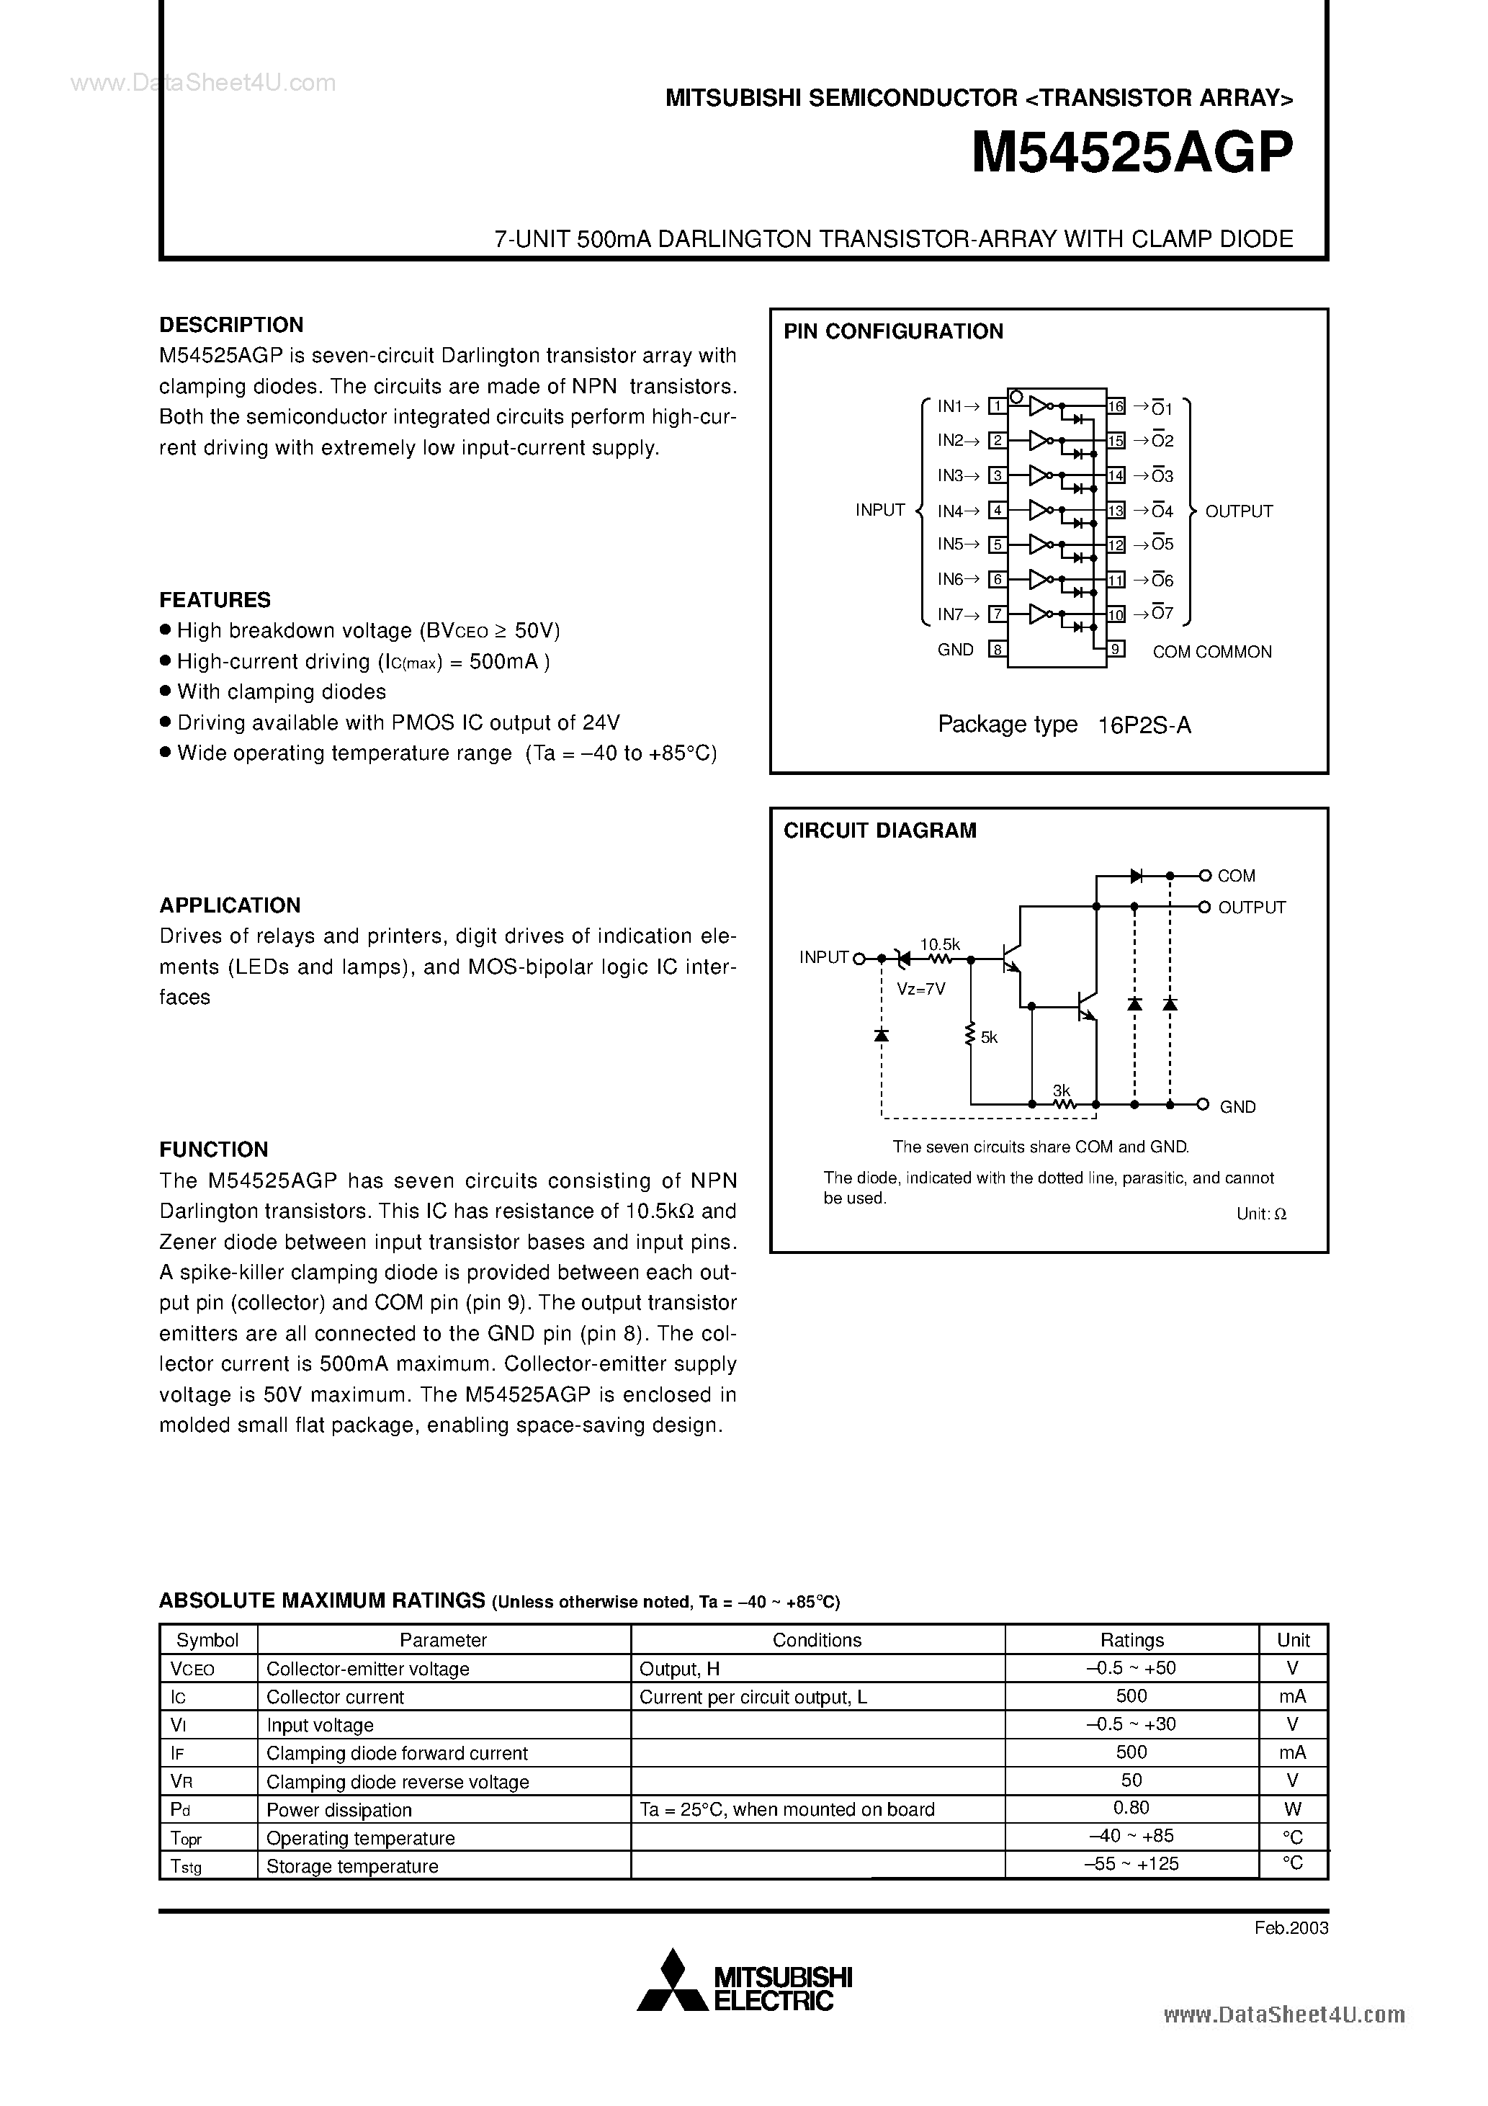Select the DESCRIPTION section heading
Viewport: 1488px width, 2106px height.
[x=231, y=325]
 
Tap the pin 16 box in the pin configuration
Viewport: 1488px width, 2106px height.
[x=1116, y=406]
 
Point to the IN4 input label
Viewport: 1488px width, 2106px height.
[x=951, y=510]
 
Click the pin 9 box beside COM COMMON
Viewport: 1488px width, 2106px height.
[x=1116, y=650]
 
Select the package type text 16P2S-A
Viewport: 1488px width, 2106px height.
[x=1144, y=725]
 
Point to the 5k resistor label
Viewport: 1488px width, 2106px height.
[x=989, y=1037]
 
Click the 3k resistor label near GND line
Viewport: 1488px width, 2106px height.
[x=1062, y=1090]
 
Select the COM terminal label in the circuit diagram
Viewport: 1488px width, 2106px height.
[x=1236, y=876]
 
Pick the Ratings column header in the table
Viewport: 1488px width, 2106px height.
[x=1131, y=1640]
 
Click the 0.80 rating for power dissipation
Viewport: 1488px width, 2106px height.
[x=1131, y=1808]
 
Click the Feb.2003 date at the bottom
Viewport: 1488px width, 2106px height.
[x=1291, y=1928]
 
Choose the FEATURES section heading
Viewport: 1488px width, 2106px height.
[x=215, y=600]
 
